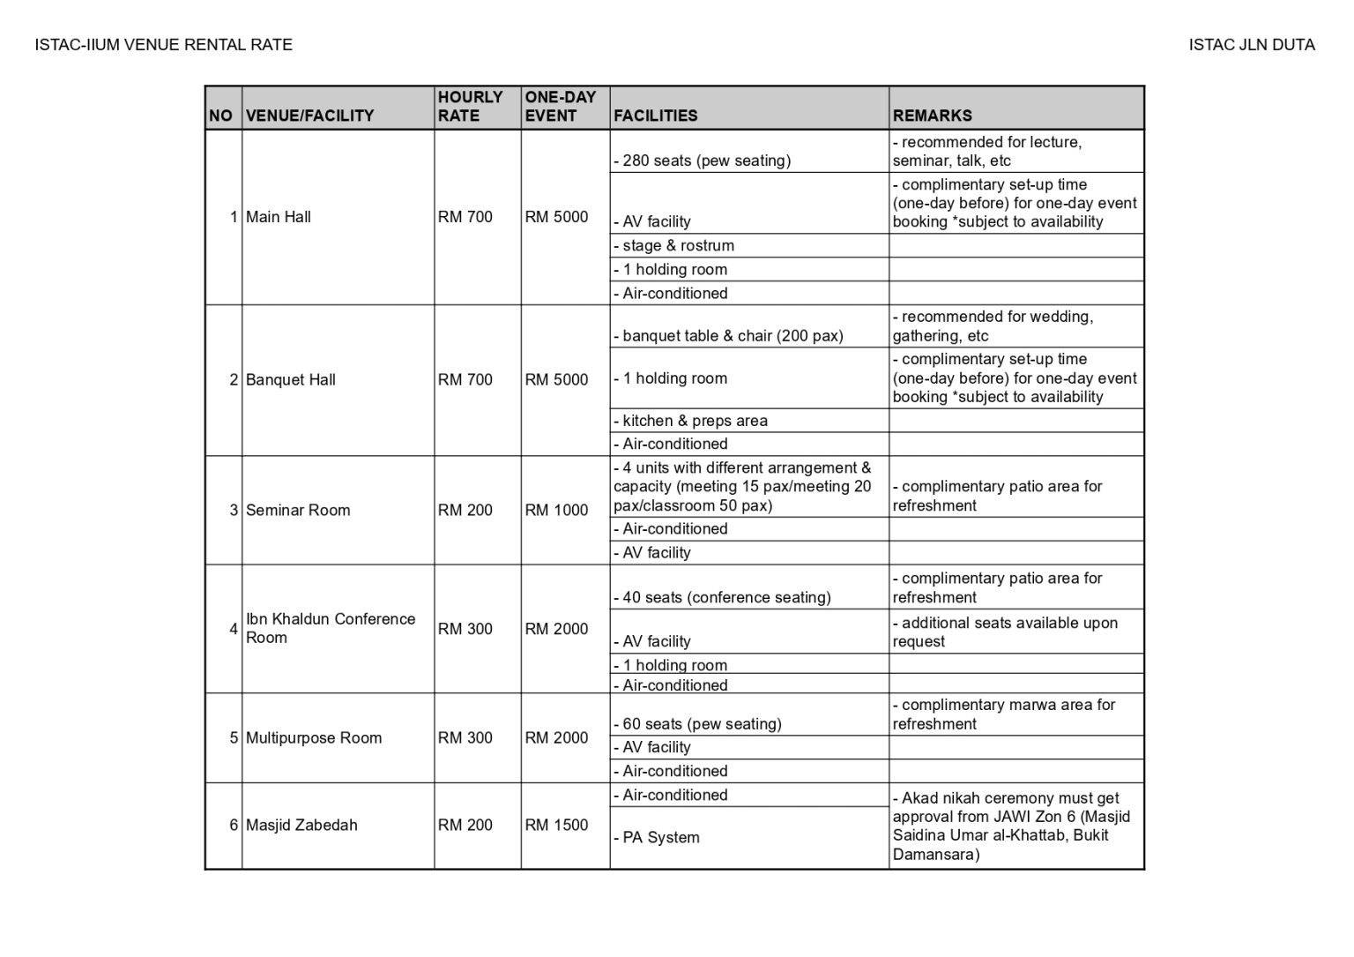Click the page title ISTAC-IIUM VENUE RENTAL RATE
163,45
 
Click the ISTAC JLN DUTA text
1251,45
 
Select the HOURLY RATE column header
470,106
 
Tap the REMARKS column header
932,116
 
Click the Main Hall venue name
279,217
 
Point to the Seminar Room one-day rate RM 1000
556,510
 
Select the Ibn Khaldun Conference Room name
331,628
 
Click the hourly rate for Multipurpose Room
465,737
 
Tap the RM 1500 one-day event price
556,825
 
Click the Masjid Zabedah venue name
301,825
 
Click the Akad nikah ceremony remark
1014,826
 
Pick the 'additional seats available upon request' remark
1005,632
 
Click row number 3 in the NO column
234,510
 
